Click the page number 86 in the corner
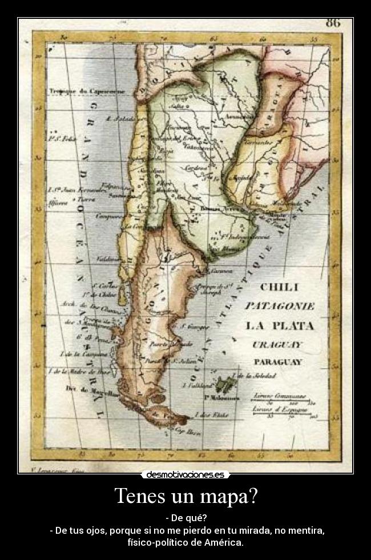coord(333,23)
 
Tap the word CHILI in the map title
coord(279,288)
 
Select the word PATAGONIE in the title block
coord(279,307)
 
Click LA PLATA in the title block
coord(279,326)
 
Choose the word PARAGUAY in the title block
coord(278,362)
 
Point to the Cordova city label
coord(195,168)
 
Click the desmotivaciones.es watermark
coord(185,474)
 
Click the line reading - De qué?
coord(185,518)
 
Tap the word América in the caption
coord(223,542)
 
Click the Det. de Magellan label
coord(83,390)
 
